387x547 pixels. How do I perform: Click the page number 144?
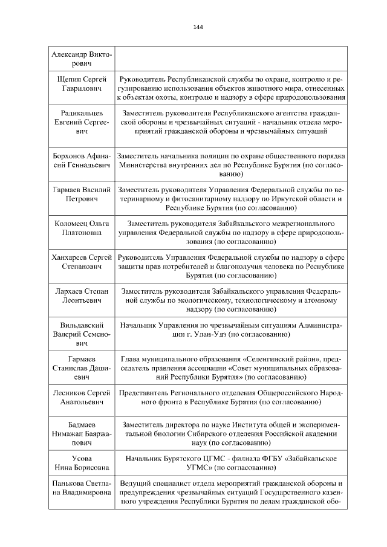(198, 27)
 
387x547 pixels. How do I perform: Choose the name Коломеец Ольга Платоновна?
(81, 228)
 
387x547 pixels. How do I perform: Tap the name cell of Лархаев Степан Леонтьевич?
(81, 296)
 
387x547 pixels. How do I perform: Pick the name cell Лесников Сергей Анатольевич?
(81, 397)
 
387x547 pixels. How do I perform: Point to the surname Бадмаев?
(81, 424)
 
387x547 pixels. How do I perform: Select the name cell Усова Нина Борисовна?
(81, 463)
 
